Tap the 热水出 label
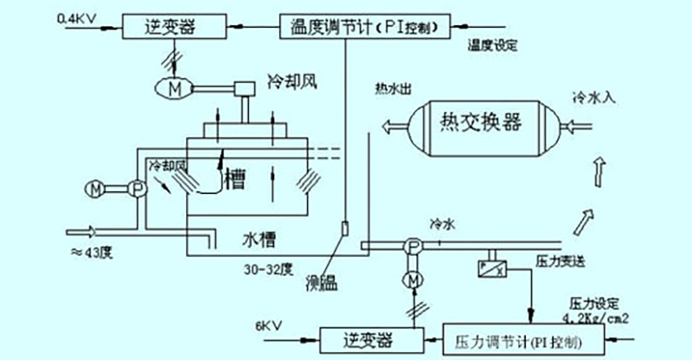[392, 87]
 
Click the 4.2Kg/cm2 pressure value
[605, 316]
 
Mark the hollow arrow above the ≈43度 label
[86, 231]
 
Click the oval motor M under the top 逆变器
[176, 87]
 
